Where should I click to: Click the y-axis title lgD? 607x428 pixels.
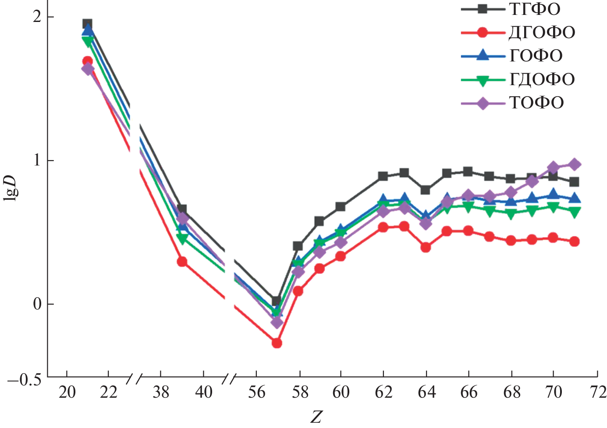pyautogui.click(x=11, y=188)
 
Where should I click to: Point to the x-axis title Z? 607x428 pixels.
pyautogui.click(x=316, y=417)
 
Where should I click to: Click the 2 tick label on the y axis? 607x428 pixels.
pyautogui.click(x=37, y=17)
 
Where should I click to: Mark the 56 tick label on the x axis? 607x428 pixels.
pyautogui.click(x=256, y=392)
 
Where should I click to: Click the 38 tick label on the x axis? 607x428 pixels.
pyautogui.click(x=161, y=392)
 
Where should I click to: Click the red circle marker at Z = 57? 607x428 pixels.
pyautogui.click(x=277, y=343)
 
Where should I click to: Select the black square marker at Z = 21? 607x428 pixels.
pyautogui.click(x=87, y=24)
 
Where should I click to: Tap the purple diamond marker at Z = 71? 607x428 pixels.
pyautogui.click(x=575, y=165)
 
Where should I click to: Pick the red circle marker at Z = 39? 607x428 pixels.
pyautogui.click(x=182, y=262)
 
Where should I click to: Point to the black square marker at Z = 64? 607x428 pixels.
pyautogui.click(x=425, y=190)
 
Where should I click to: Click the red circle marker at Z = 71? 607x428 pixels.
pyautogui.click(x=575, y=241)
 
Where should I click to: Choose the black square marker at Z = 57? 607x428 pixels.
pyautogui.click(x=276, y=301)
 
